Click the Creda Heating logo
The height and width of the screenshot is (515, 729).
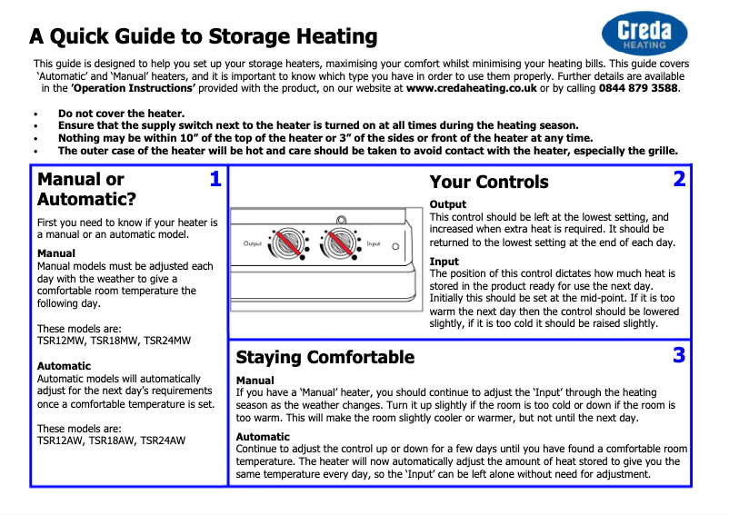click(644, 34)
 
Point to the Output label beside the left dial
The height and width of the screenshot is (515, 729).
click(252, 243)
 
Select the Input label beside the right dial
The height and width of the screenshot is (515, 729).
click(373, 245)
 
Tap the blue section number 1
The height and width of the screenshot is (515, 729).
click(215, 179)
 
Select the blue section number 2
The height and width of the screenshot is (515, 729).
click(679, 179)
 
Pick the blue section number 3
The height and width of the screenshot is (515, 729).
click(679, 355)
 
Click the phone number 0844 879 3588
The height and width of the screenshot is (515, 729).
click(638, 88)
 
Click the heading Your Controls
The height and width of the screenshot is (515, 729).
click(488, 182)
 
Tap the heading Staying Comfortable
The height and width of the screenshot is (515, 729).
click(325, 357)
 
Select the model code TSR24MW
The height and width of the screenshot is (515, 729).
click(167, 342)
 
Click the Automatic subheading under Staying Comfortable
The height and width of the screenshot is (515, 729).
click(263, 437)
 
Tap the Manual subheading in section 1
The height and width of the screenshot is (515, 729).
click(56, 253)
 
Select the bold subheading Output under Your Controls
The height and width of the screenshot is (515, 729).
click(447, 204)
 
